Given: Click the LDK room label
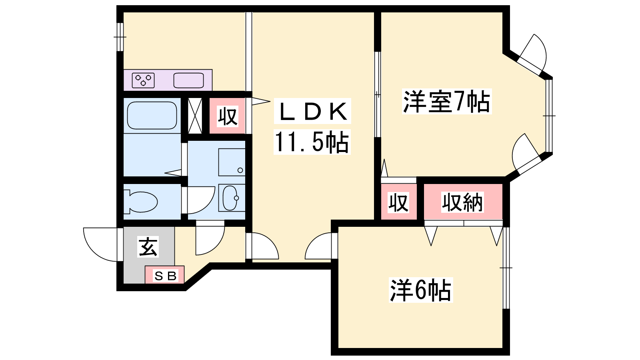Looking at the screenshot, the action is coord(312,111).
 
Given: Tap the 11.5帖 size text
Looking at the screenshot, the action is coord(312,142).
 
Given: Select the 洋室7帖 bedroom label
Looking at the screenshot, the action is coord(446,102).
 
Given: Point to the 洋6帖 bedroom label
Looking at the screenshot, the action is coord(420,290).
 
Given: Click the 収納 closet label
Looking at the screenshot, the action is coord(462,202).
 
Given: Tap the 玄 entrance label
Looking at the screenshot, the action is coord(148,247).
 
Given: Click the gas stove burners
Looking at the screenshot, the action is coord(143,80).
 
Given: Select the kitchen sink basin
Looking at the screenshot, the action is coord(188,80).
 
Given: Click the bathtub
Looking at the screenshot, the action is coord(152,116).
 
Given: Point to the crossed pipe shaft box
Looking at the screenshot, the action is coord(195,116).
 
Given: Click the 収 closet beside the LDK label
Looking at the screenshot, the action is coord(228,116).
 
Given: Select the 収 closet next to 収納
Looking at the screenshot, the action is coord(398,202).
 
